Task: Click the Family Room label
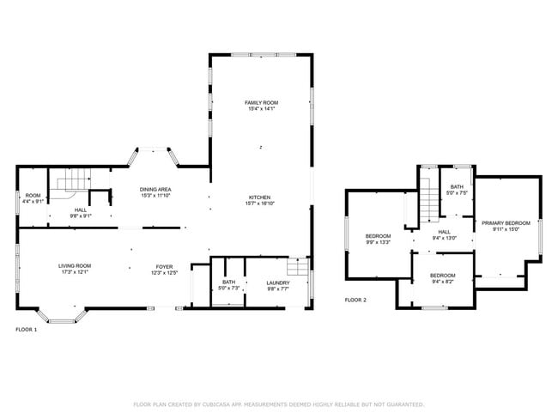click(262, 102)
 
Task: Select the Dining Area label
click(155, 188)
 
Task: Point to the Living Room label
click(74, 266)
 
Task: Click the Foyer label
click(165, 266)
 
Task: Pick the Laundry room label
click(277, 282)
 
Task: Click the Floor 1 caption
click(27, 329)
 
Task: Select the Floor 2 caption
click(355, 300)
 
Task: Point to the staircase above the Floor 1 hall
click(72, 180)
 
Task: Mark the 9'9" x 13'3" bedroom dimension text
click(378, 242)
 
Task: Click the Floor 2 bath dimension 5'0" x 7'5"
click(456, 192)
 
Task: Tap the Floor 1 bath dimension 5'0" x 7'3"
click(228, 288)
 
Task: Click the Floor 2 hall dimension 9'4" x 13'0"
click(445, 238)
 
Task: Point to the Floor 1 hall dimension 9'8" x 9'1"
click(80, 216)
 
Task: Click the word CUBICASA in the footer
click(226, 404)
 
